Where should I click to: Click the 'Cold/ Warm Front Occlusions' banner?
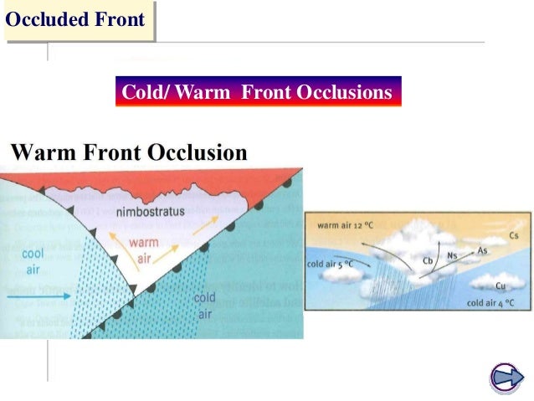pos(257,92)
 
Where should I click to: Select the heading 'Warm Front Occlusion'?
pos(130,153)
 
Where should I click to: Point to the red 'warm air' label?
pos(144,249)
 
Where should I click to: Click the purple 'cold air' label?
pos(204,305)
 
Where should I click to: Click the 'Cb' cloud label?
pos(427,260)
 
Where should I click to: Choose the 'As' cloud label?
pos(482,250)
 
